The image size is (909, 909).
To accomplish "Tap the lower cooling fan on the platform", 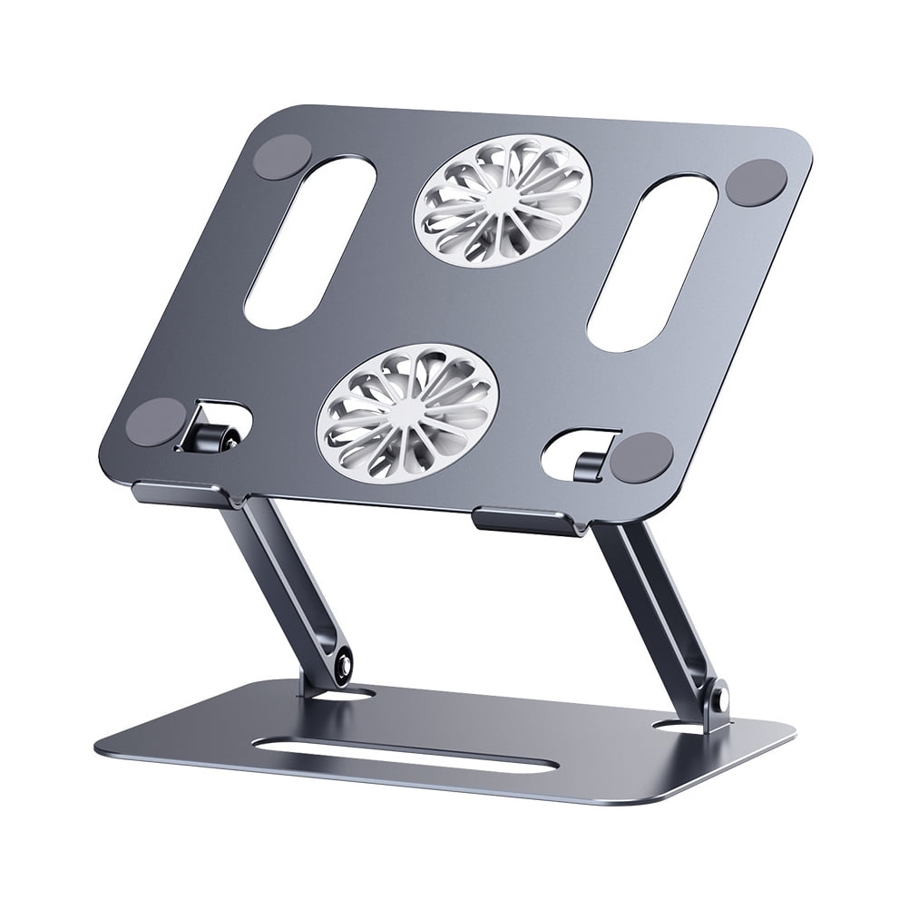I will (x=406, y=411).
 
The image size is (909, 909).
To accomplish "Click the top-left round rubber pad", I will (x=282, y=157).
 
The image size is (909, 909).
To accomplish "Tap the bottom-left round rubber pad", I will (x=155, y=421).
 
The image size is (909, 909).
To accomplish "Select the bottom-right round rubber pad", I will (x=640, y=456).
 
